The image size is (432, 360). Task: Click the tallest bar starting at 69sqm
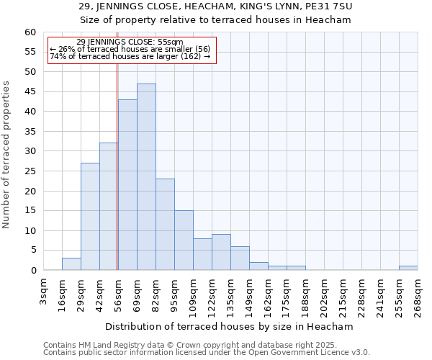tap(146, 177)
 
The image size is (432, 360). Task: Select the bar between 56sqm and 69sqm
tap(127, 185)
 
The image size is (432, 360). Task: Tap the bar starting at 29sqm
tap(90, 217)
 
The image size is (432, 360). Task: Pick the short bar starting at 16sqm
tap(71, 264)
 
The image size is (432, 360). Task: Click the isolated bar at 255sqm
tap(408, 268)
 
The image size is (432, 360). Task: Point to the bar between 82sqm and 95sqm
tap(165, 225)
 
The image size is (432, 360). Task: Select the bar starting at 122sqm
tap(221, 253)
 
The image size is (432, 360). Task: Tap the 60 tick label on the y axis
tap(30, 32)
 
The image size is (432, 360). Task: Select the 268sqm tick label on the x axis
tap(418, 292)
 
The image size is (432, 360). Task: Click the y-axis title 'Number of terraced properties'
tap(6, 154)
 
